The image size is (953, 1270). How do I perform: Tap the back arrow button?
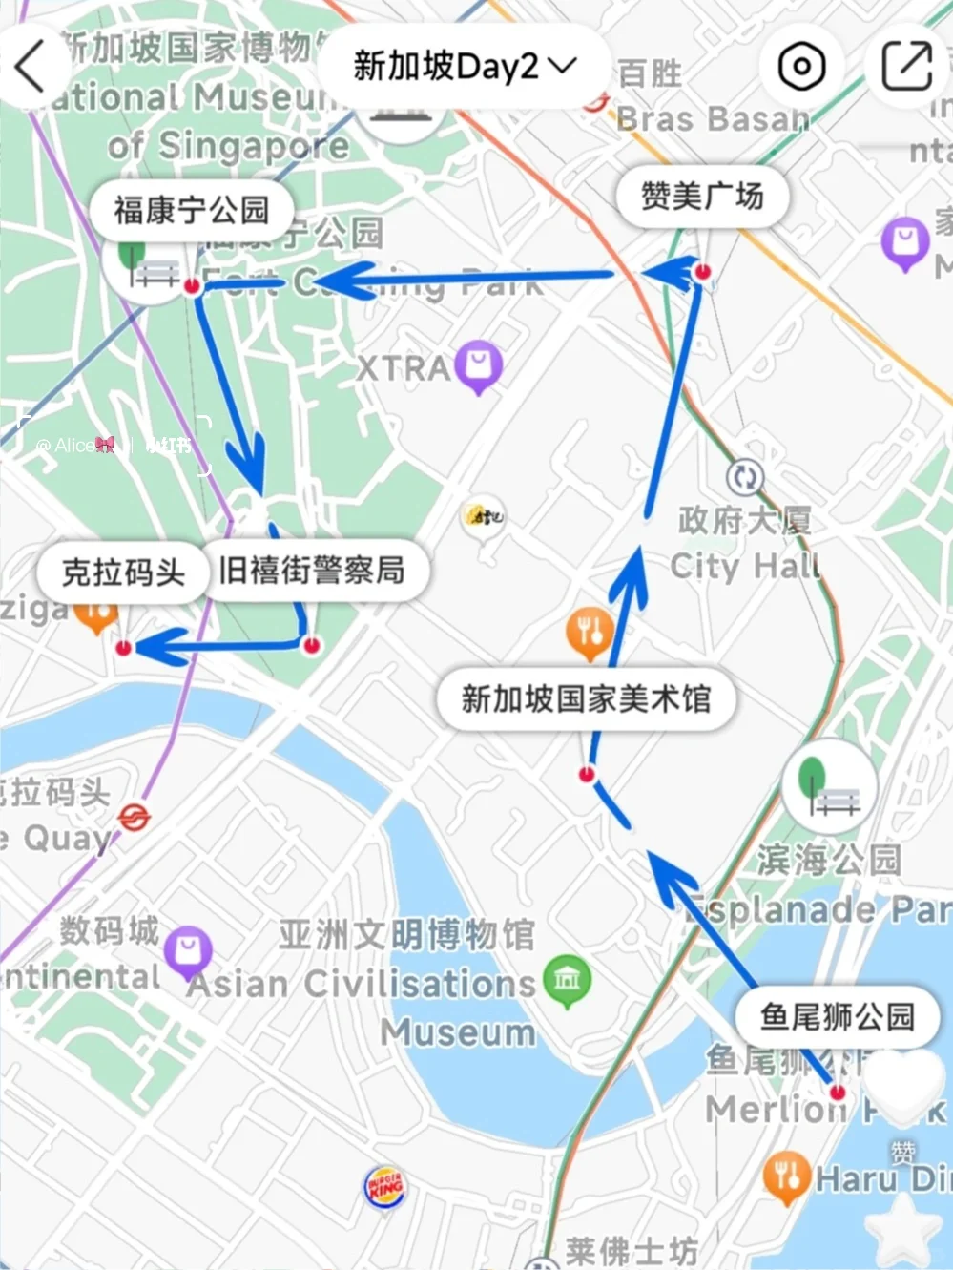pos(31,67)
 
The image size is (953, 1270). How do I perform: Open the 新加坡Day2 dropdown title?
pos(465,67)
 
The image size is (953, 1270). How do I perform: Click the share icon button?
pos(905,67)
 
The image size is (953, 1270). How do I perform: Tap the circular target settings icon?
pos(801,67)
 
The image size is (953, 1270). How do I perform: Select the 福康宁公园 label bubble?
pos(191,210)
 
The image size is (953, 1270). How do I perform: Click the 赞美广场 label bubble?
pos(702,197)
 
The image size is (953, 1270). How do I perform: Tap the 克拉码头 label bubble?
pos(123,573)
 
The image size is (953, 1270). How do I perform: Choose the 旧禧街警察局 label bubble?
pos(312,571)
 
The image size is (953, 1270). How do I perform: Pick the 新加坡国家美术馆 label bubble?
pos(586,698)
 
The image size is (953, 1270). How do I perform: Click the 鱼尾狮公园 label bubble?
pos(837,1017)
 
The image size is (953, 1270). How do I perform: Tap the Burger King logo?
pos(385,1189)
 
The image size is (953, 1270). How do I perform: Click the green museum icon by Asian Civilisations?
pos(567,979)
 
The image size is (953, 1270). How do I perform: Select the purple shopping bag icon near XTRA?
pos(479,364)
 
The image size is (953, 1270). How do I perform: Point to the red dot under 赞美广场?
pos(703,272)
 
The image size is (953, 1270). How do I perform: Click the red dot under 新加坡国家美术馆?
pos(587,774)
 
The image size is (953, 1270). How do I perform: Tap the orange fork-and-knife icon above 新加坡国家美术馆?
pos(590,631)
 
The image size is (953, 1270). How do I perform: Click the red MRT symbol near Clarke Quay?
pos(134,818)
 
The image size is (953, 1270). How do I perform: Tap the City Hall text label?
pos(744,566)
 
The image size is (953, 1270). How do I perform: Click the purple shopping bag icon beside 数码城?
pos(188,950)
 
